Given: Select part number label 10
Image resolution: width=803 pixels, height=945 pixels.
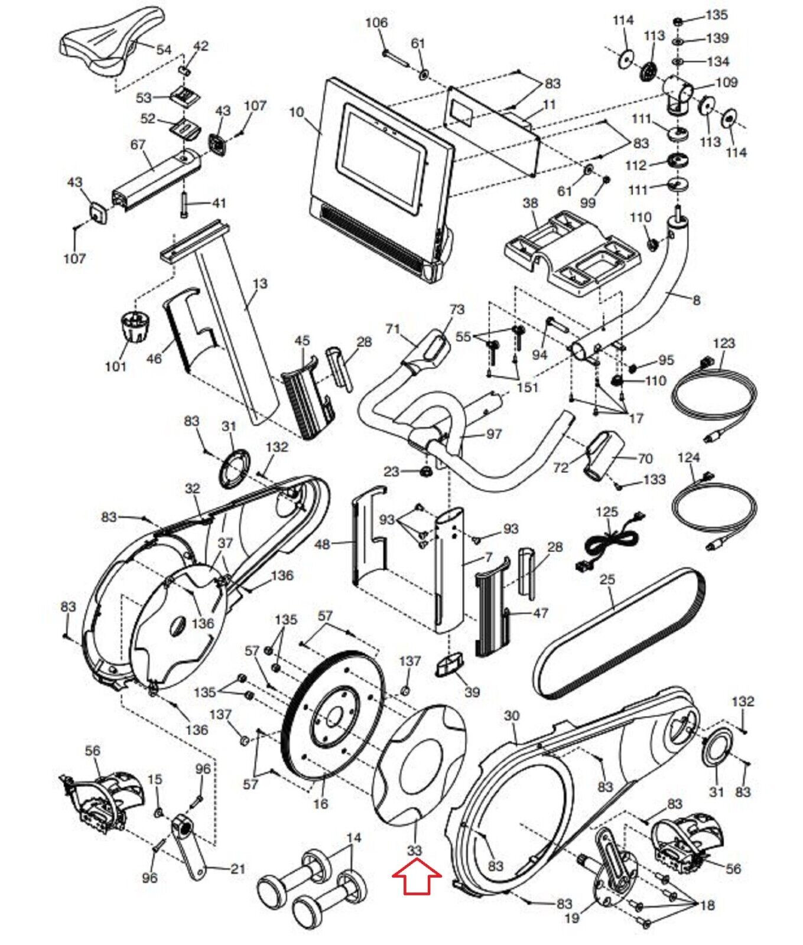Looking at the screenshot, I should (297, 112).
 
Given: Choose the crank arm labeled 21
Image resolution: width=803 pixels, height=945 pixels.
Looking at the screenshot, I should (190, 845).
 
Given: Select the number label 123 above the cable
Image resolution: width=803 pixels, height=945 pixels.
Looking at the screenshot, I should (724, 343).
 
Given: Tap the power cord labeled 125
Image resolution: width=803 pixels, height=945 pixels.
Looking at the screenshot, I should (609, 538).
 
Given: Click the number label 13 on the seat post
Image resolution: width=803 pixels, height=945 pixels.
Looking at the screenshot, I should (260, 284).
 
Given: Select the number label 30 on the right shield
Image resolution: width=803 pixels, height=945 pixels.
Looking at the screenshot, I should (512, 716).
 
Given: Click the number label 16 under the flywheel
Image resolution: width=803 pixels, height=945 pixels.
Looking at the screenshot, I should (320, 804).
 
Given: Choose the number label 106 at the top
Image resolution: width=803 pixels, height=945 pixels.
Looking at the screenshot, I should (376, 23).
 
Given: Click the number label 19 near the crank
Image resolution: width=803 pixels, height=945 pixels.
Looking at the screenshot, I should (573, 918).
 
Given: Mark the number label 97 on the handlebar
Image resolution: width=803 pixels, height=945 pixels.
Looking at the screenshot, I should (494, 434).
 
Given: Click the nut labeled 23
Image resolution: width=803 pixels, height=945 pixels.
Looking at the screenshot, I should (424, 472).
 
